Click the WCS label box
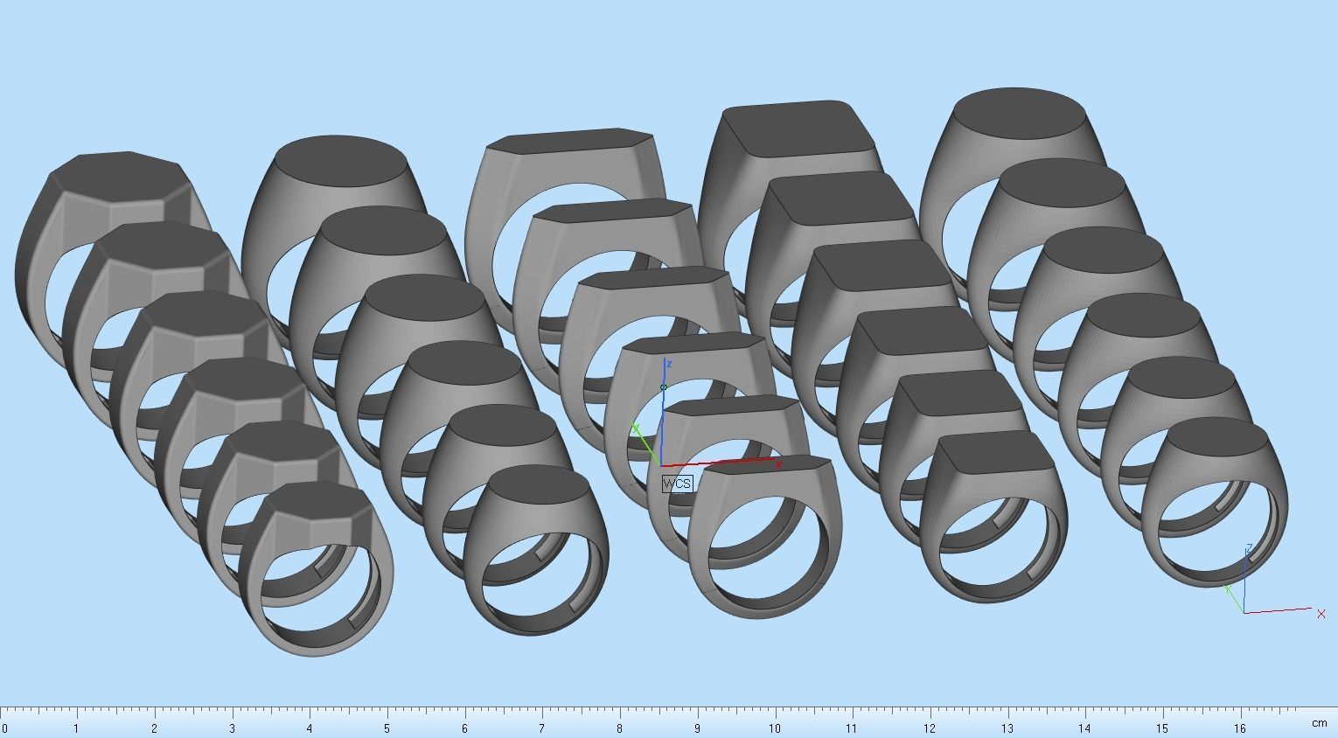(x=677, y=484)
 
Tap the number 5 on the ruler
(x=387, y=728)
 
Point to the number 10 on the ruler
(x=775, y=728)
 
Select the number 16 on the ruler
(x=1239, y=728)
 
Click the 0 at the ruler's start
(x=4, y=728)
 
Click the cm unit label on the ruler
(x=1318, y=724)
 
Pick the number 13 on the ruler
(x=1007, y=728)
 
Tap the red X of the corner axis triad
(x=1321, y=614)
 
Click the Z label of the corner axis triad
(x=1250, y=548)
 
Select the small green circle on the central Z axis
(x=664, y=387)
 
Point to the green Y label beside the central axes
(x=636, y=428)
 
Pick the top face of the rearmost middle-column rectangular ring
(x=568, y=142)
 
